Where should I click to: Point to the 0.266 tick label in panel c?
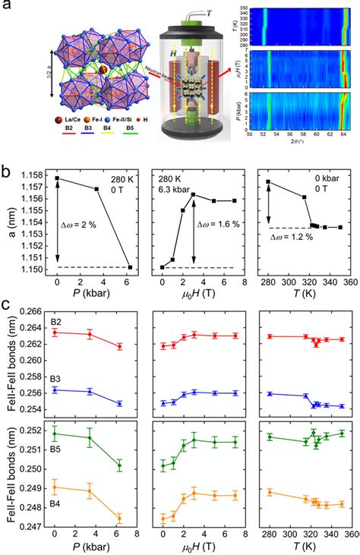click(33, 312)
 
